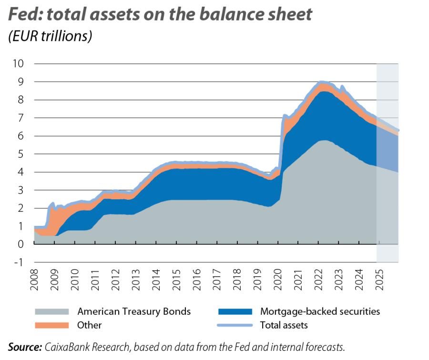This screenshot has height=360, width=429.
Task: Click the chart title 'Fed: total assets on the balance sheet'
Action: [x=160, y=14]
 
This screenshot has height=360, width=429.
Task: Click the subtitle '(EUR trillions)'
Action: [x=50, y=36]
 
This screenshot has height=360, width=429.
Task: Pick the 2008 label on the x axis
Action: [x=35, y=279]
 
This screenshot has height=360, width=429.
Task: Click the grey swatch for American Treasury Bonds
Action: [x=51, y=312]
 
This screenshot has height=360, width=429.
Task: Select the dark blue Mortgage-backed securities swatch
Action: [x=234, y=312]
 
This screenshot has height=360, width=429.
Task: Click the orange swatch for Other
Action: [x=51, y=325]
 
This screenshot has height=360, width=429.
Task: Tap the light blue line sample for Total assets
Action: [x=234, y=325]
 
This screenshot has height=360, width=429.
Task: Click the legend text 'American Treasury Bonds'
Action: [x=134, y=312]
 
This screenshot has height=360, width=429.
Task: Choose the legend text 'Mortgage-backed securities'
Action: [x=320, y=312]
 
